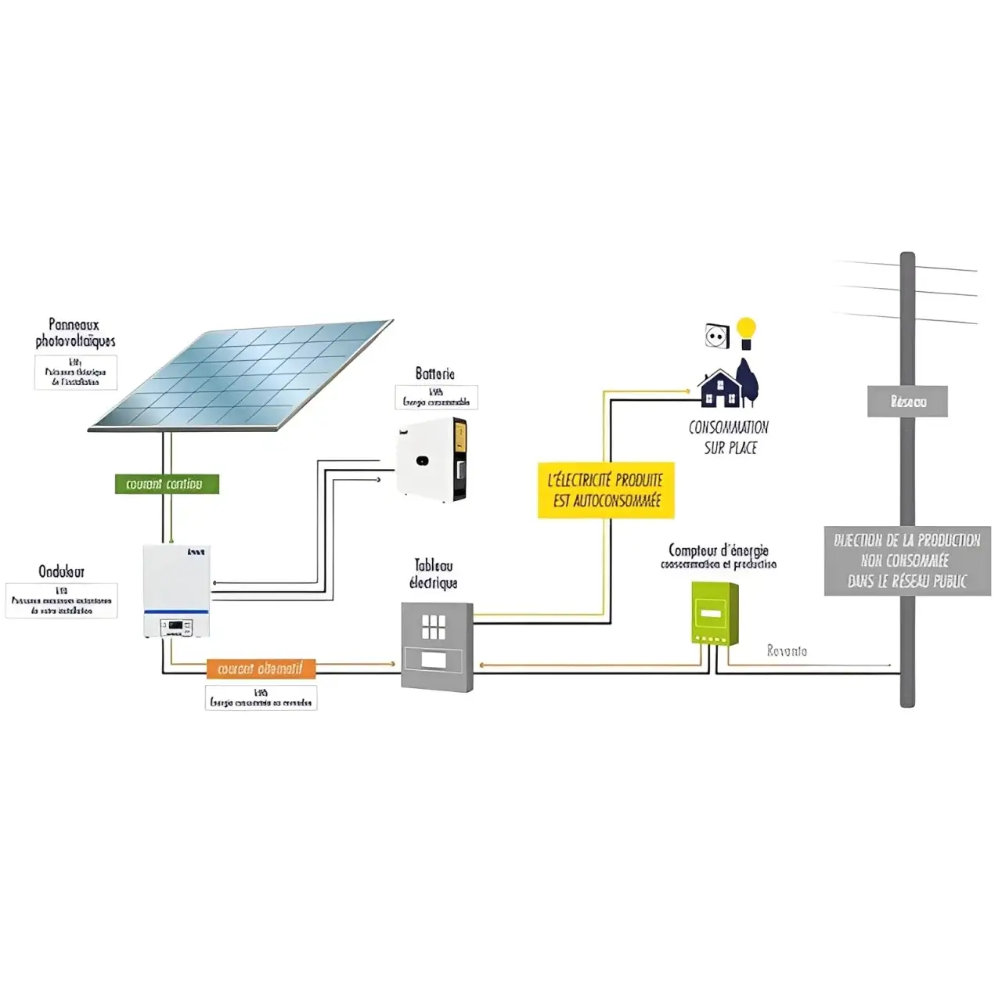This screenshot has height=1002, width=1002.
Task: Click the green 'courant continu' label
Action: click(167, 484)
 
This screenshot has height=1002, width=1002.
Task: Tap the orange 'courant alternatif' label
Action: click(261, 669)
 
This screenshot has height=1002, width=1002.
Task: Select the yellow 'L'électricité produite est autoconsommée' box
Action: click(606, 490)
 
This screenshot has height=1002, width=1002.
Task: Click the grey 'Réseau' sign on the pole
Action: click(907, 402)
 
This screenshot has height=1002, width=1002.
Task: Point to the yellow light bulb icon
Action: click(746, 332)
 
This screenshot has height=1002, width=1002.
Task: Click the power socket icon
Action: click(717, 337)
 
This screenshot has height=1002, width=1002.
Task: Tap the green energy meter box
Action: click(714, 613)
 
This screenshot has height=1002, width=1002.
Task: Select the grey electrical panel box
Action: click(437, 646)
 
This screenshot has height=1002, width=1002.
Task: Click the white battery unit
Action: click(431, 460)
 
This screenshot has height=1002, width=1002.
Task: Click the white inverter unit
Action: click(177, 590)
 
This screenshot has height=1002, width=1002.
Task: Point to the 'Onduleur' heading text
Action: click(61, 571)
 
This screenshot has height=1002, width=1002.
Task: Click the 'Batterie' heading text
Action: click(434, 374)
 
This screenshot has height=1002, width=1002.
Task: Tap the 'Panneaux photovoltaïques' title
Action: click(75, 333)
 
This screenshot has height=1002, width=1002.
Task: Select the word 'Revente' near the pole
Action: click(787, 651)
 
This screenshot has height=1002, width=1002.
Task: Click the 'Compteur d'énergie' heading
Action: click(718, 550)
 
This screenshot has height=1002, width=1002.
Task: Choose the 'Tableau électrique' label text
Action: click(433, 574)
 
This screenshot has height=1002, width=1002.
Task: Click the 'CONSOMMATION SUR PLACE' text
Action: click(729, 438)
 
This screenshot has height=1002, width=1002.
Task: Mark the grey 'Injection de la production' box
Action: click(906, 560)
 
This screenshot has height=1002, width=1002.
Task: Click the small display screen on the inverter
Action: click(175, 626)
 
